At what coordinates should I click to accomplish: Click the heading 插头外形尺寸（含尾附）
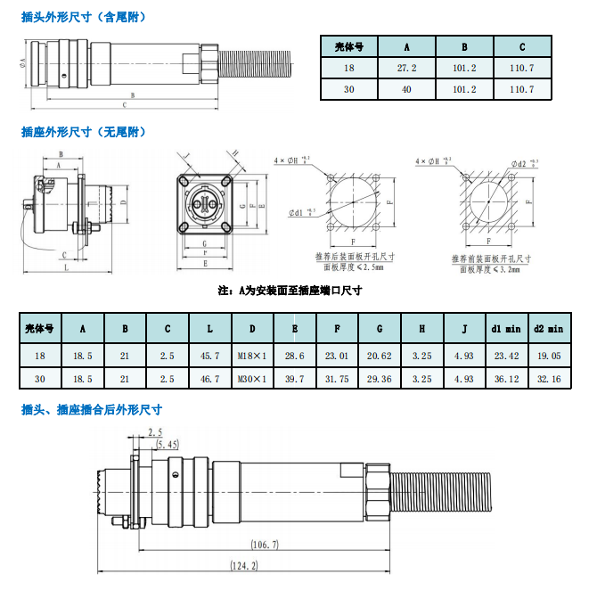coord(84,16)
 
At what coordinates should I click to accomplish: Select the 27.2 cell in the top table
coord(405,68)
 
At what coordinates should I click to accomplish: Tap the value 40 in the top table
coord(405,89)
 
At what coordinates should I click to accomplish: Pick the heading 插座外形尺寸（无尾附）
coord(84,132)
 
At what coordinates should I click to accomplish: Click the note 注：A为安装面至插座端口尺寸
coord(290,291)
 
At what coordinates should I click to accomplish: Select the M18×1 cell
coord(252,356)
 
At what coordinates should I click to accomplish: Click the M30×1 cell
coord(252,379)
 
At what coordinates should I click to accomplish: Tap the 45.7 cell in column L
coord(209,356)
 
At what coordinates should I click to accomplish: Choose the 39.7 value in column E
coord(294,379)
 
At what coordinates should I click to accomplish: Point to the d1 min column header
coord(506,328)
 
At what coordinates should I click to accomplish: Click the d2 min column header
coord(549,328)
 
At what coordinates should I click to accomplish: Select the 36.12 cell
coord(506,379)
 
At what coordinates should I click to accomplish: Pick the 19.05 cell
coord(549,356)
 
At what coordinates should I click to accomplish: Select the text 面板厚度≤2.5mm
coord(354,267)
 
